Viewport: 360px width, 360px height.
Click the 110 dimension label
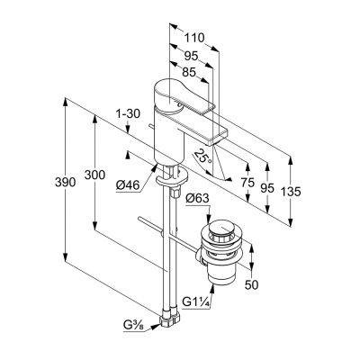click(x=193, y=38)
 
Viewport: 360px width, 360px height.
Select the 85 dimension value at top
click(x=188, y=72)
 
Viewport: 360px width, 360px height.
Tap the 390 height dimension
click(x=65, y=182)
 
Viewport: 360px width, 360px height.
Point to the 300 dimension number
click(x=94, y=175)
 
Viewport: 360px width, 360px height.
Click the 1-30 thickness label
click(x=128, y=113)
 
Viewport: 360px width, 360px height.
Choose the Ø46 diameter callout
click(x=128, y=186)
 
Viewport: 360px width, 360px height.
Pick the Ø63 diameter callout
click(x=197, y=198)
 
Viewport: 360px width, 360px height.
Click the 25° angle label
click(x=203, y=156)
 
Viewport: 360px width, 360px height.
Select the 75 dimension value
click(x=247, y=182)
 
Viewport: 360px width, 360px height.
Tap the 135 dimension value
click(x=290, y=191)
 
